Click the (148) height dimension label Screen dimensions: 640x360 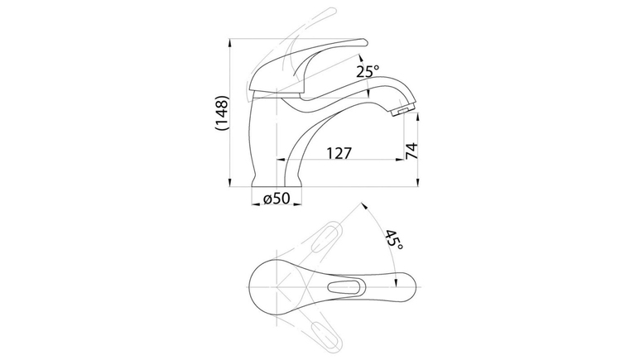(x=222, y=113)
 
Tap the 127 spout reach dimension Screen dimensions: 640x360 (x=339, y=153)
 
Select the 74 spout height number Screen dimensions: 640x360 (x=411, y=151)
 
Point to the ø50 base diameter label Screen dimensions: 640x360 (x=277, y=199)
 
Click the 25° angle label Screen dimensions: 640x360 (x=368, y=71)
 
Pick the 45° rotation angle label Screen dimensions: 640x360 (x=394, y=240)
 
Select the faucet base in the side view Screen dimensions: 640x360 (x=277, y=180)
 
